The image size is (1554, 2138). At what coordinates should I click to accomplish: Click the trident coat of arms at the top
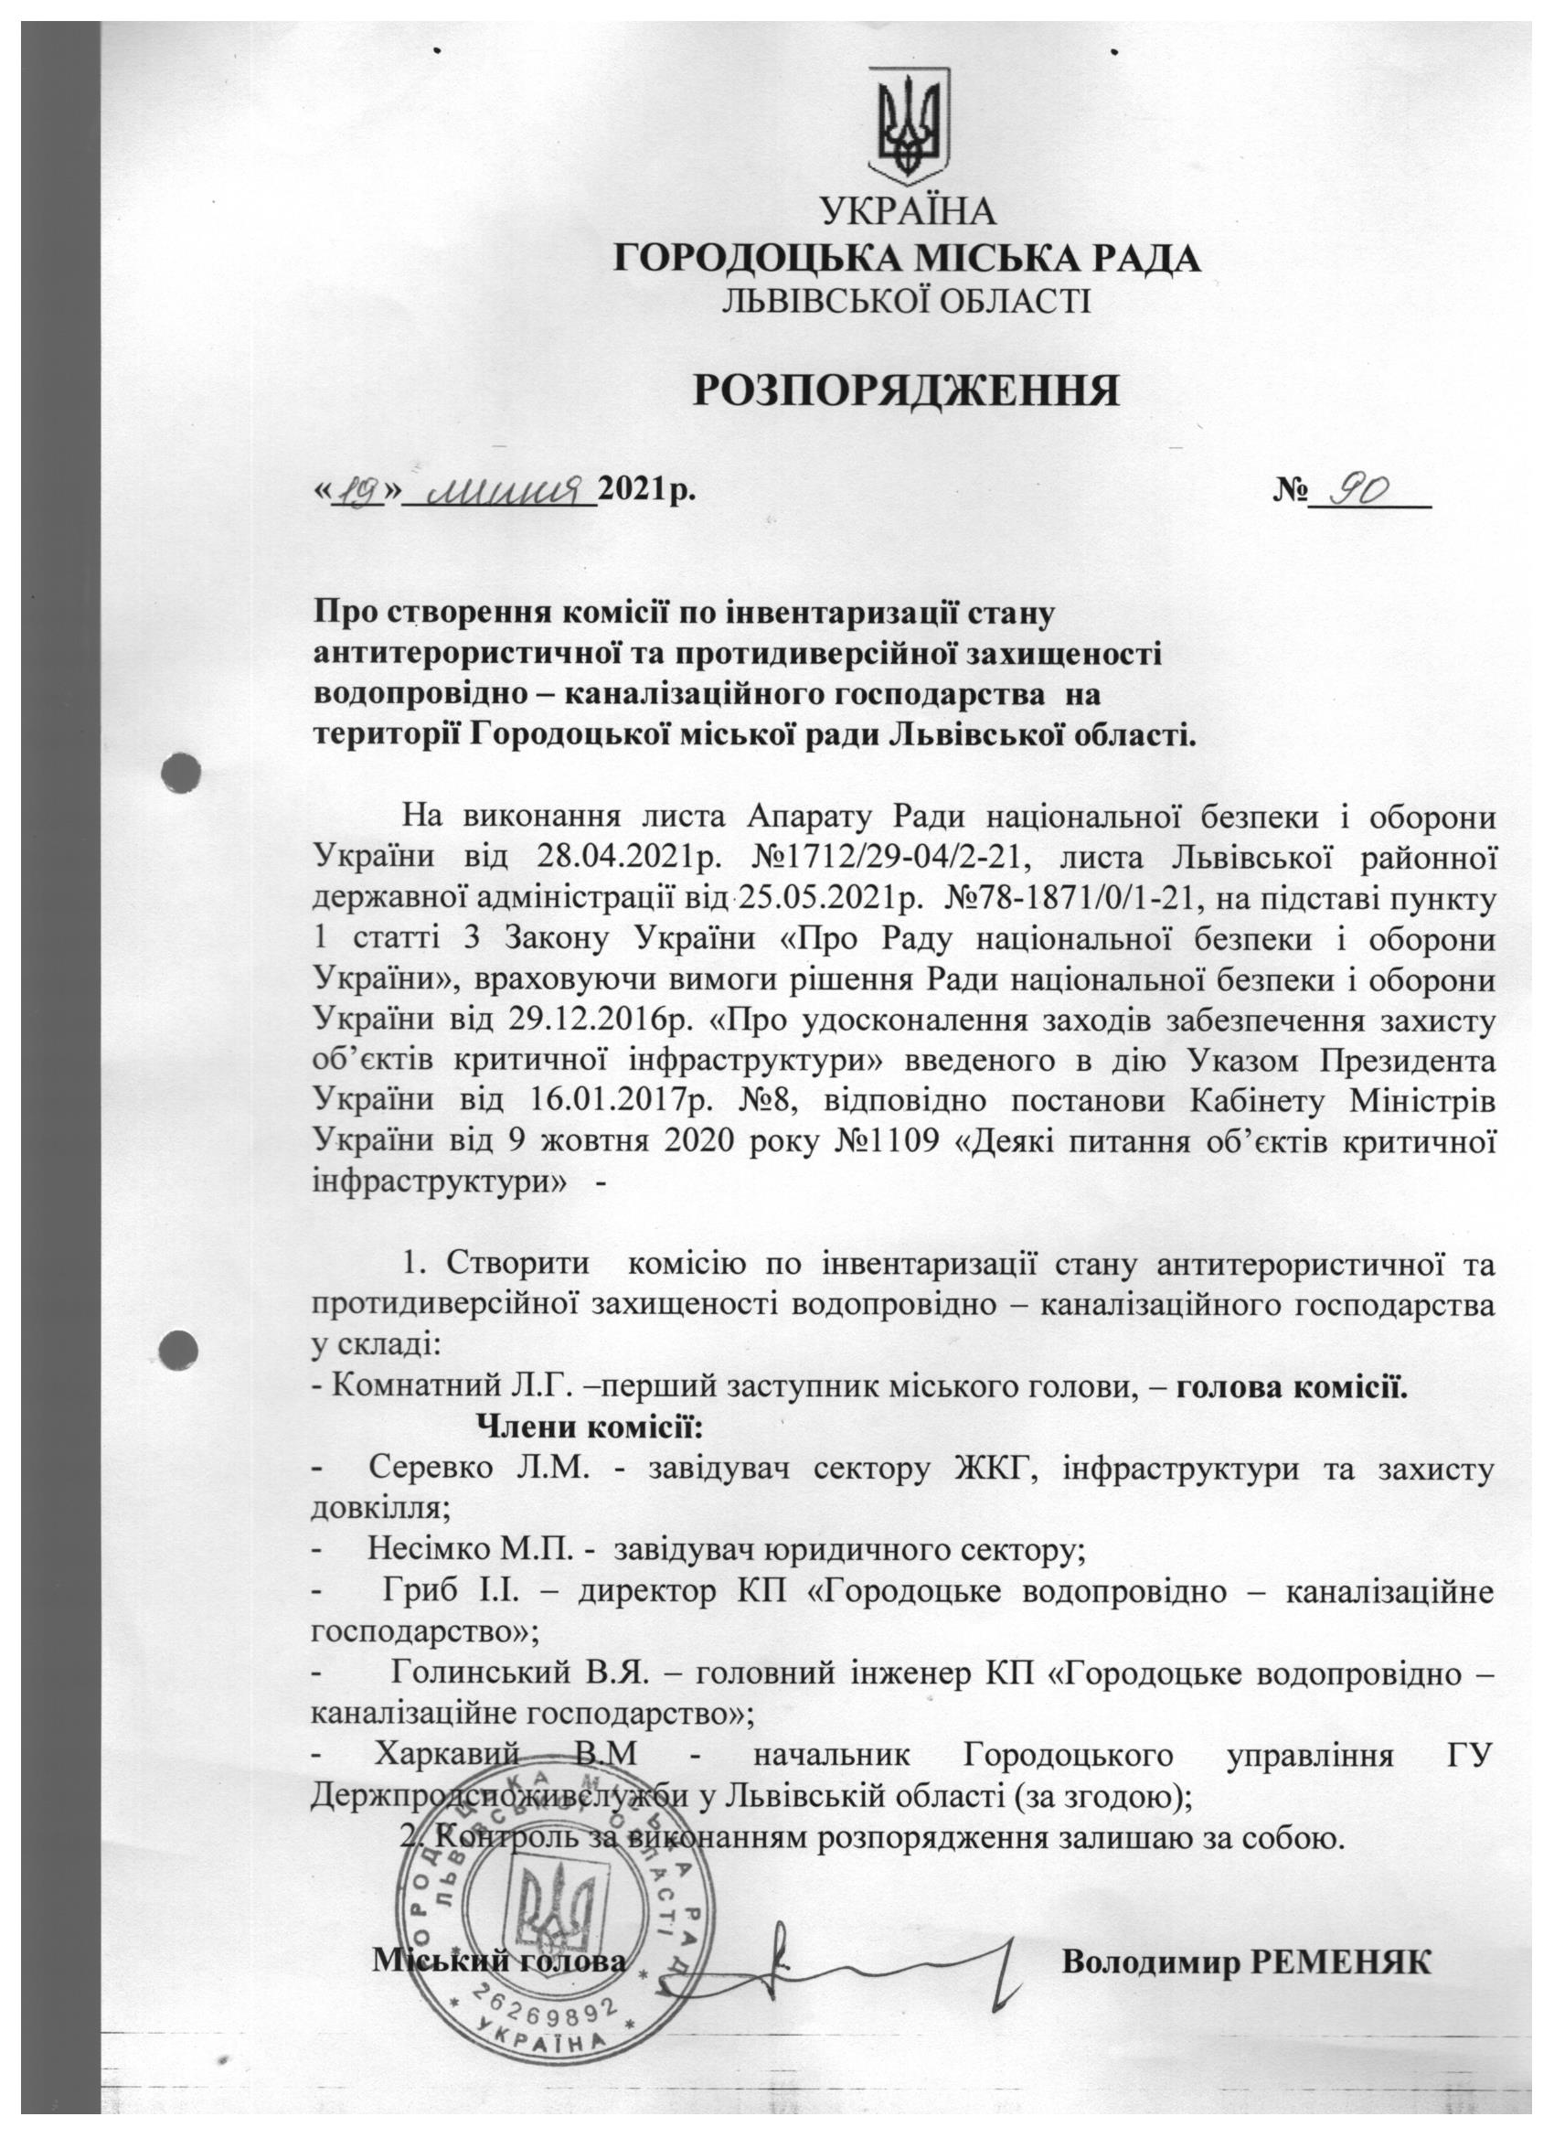pyautogui.click(x=908, y=123)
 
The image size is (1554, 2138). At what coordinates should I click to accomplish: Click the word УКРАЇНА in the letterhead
pyautogui.click(x=908, y=212)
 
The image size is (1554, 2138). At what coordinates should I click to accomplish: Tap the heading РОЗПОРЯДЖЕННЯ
pyautogui.click(x=907, y=390)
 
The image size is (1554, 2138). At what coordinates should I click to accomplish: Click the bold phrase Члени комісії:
pyautogui.click(x=591, y=1428)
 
